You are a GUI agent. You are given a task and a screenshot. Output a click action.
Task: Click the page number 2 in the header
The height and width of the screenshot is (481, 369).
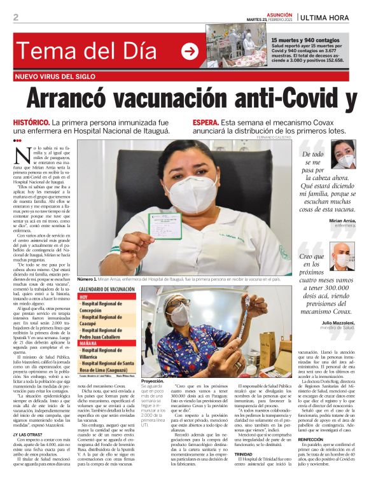click(x=16, y=17)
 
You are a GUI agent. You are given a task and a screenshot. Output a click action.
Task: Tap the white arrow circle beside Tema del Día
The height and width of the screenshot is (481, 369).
click(x=190, y=51)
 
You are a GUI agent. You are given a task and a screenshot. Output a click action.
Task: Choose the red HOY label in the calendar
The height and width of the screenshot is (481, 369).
click(x=83, y=297)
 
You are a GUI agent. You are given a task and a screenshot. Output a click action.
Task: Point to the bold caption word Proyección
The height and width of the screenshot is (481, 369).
click(x=153, y=381)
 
